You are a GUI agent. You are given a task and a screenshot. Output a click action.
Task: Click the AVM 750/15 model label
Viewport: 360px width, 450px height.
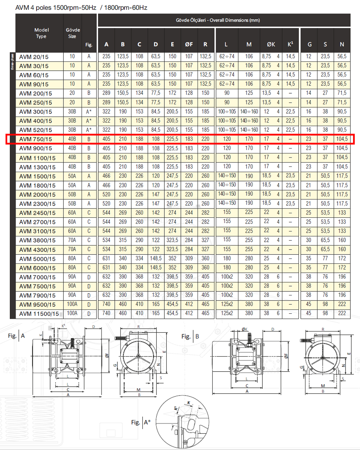coord(36,139)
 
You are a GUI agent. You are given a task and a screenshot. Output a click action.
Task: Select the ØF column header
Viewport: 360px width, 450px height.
coord(189,44)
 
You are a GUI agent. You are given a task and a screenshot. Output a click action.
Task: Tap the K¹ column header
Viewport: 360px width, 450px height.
coord(290,44)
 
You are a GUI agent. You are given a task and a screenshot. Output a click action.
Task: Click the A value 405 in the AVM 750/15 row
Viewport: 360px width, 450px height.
coord(106,139)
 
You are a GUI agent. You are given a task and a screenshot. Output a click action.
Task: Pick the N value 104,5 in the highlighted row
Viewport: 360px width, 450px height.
coord(342,139)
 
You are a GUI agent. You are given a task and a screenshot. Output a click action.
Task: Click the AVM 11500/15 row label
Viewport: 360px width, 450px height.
coord(39,314)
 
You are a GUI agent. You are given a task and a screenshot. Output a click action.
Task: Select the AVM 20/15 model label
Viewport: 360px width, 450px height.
coord(34,57)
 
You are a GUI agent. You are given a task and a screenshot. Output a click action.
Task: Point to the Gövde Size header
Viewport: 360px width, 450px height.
coord(72,33)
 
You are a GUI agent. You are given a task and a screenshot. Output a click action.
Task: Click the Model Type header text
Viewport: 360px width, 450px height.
coord(41,33)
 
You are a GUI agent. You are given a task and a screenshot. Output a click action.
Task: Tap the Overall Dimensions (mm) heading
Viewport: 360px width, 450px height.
coord(218,20)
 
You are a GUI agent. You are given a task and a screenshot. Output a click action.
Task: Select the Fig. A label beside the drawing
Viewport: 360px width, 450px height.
coord(16,336)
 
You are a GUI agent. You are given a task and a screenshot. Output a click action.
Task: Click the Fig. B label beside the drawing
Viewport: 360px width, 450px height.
coord(190,336)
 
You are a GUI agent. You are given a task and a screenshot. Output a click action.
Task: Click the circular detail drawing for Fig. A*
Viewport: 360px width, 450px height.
coord(182,422)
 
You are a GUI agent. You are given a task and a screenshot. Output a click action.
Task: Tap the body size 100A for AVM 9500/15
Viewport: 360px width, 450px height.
coord(72,304)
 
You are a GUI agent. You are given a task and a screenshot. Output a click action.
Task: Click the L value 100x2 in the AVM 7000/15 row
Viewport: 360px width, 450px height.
coord(227,277)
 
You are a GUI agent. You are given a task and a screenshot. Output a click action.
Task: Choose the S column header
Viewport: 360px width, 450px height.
coord(325,44)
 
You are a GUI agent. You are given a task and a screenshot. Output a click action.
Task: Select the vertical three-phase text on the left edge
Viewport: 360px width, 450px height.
coord(13,62)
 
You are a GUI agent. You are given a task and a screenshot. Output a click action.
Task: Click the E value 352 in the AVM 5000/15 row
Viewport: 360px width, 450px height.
coord(172,259)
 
